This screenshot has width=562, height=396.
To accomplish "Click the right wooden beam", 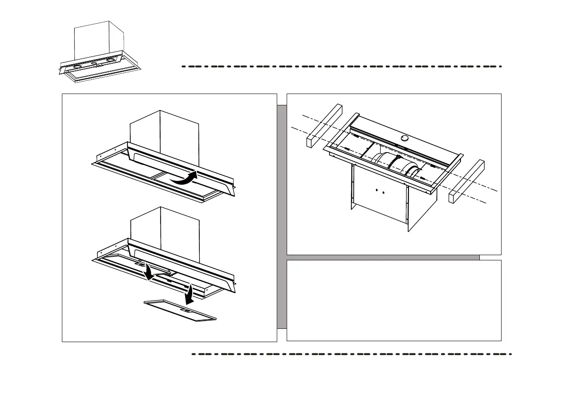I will pos(466,181).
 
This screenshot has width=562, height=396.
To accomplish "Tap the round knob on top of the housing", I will pos(404,138).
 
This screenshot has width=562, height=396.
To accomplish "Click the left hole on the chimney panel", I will pos(376,191).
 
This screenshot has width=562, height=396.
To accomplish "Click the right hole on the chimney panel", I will pos(383,192).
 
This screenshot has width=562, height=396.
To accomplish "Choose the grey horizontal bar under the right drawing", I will pos(383,258).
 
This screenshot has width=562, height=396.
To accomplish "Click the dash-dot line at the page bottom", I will pos(351,353).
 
